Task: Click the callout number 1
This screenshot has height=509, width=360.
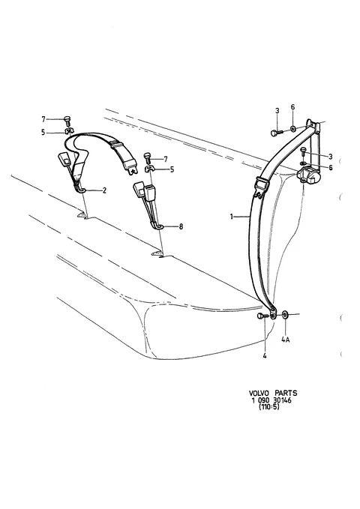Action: point(232,217)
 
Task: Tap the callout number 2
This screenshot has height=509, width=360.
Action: point(104,190)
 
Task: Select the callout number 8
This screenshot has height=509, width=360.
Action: point(181,226)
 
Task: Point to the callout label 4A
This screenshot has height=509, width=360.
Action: point(285,340)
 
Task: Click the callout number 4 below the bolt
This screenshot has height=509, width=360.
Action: point(265,356)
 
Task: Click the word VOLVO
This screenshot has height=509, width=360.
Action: point(259,393)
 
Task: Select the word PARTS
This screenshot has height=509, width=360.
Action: point(286,393)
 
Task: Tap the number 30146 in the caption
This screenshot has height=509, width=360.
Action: point(281,400)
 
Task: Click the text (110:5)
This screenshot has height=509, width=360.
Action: point(268,407)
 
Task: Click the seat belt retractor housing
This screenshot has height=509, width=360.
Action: point(308,175)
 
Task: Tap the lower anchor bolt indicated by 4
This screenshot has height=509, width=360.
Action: point(262,316)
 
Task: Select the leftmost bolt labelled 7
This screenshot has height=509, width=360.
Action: point(67,121)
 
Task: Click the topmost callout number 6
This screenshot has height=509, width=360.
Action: point(292,107)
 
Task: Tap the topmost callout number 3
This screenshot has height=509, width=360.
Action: point(277,111)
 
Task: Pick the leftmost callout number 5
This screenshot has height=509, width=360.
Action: point(43,133)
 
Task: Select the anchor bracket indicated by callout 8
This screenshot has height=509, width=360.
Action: point(158,225)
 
